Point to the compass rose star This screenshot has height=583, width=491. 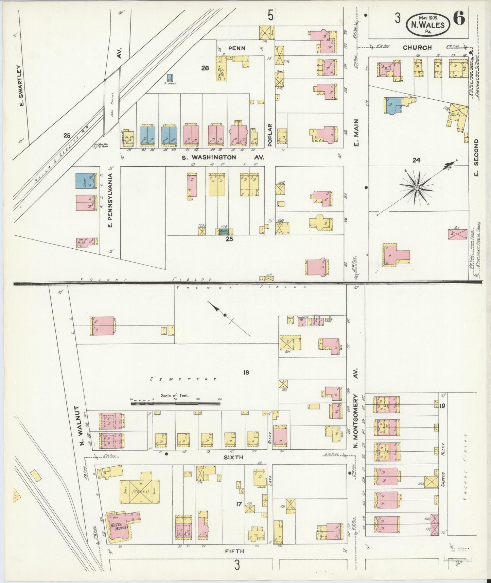[416, 187]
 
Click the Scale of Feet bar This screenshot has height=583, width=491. [175, 404]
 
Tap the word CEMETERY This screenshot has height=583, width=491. [183, 379]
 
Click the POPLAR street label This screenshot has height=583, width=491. [270, 135]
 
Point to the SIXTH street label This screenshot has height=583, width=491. [233, 457]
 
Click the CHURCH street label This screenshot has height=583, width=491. [417, 48]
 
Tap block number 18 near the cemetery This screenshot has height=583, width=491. [246, 372]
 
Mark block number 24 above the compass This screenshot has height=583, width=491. [416, 160]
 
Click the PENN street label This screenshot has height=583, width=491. [236, 48]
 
